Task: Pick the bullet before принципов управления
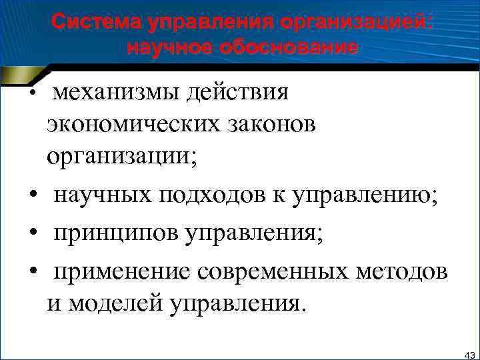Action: click(32, 235)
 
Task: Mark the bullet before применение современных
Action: click(32, 273)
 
